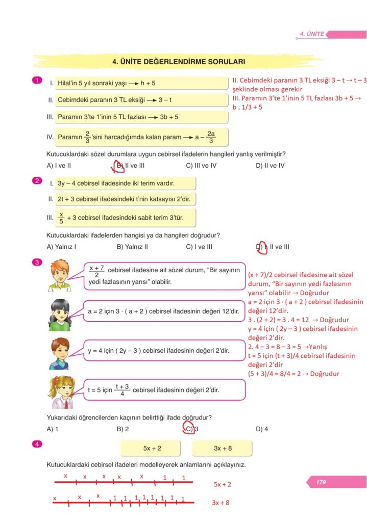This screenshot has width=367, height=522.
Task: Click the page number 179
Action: click(321, 482)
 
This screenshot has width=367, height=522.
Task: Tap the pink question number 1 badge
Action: click(36, 80)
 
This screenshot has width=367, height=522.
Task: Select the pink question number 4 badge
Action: click(36, 445)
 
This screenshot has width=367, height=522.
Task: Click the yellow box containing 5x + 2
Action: click(152, 448)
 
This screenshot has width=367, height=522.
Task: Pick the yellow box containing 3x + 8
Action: click(223, 448)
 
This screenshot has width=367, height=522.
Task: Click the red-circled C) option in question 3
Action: click(189, 429)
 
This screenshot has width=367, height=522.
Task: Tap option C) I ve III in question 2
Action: click(199, 247)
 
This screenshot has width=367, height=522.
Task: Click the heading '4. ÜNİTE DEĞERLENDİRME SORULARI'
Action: click(178, 62)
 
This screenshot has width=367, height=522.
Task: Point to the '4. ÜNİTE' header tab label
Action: click(312, 34)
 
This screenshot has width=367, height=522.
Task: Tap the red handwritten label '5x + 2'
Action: click(223, 484)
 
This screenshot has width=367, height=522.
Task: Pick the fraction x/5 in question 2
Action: click(61, 218)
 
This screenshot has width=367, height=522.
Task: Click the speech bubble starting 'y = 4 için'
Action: click(163, 350)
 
